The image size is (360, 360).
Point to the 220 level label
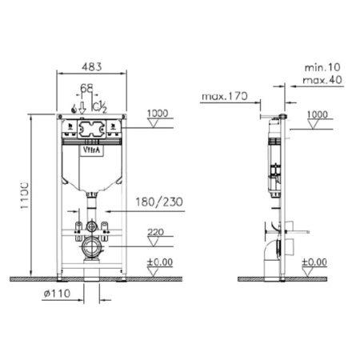(157, 234)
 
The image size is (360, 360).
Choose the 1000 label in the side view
(318, 114)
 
